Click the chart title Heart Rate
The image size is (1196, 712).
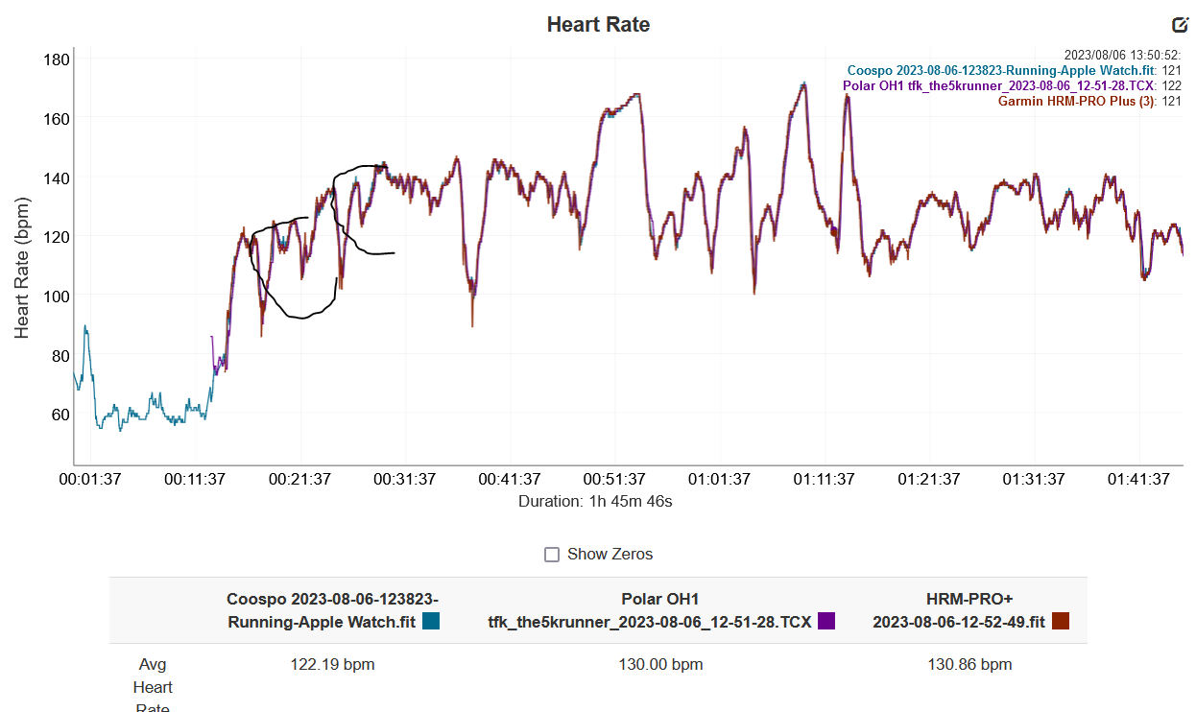point(598,25)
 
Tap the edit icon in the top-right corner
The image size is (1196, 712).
point(1180,25)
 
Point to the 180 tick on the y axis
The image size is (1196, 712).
point(57,59)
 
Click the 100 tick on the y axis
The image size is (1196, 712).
point(57,297)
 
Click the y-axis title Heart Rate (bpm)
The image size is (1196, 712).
point(22,268)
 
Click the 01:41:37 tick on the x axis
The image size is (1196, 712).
point(1139,479)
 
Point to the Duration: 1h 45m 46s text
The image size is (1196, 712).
point(595,501)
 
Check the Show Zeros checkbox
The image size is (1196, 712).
point(552,555)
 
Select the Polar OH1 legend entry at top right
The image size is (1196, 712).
point(999,85)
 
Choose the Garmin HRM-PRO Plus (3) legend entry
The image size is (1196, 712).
point(1076,101)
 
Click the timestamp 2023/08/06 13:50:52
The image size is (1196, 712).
point(1122,56)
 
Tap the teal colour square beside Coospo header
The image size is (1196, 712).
point(431,621)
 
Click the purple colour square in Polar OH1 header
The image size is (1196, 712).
point(826,621)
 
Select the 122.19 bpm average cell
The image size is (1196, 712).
point(332,664)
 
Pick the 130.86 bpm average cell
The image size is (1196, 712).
point(969,664)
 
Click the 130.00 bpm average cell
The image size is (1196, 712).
point(660,664)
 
